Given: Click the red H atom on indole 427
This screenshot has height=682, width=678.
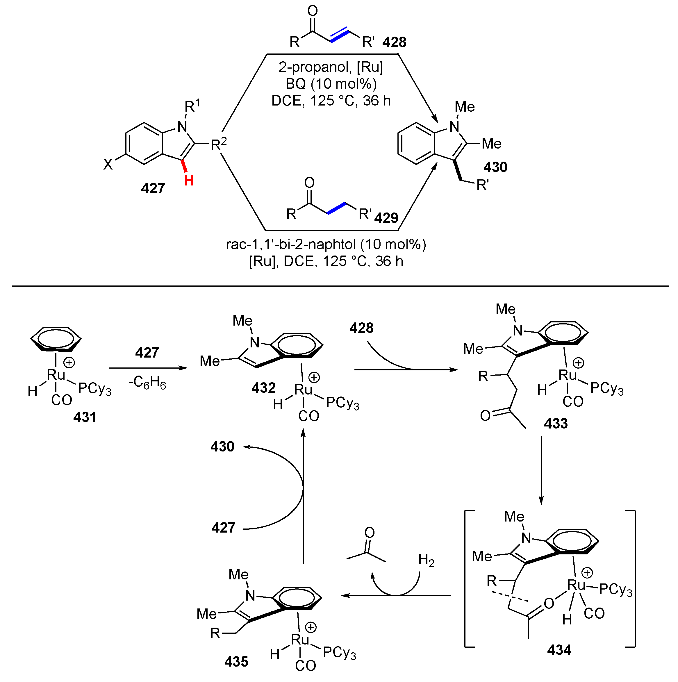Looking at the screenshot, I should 189,181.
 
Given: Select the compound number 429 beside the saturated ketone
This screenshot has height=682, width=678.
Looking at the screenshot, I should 386,218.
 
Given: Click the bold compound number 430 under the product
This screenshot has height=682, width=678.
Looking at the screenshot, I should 495,167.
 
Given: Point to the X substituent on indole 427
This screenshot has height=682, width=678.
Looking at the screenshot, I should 108,165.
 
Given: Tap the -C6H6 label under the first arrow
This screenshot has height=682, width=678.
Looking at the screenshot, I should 147,383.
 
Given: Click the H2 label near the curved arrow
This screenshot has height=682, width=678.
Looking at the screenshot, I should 426,560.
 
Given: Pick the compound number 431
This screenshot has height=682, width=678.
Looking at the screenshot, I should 85,417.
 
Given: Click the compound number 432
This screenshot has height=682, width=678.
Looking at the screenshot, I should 263,388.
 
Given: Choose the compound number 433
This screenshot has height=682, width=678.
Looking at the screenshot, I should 556,423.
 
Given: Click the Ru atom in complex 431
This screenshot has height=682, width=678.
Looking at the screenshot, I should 56,375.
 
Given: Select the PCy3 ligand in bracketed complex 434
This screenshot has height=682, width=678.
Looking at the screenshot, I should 615,590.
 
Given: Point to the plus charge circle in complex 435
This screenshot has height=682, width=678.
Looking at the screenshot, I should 311,627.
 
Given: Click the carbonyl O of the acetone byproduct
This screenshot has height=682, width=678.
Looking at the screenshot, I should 369,532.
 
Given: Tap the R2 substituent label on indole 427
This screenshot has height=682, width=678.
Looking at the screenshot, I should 218,144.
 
